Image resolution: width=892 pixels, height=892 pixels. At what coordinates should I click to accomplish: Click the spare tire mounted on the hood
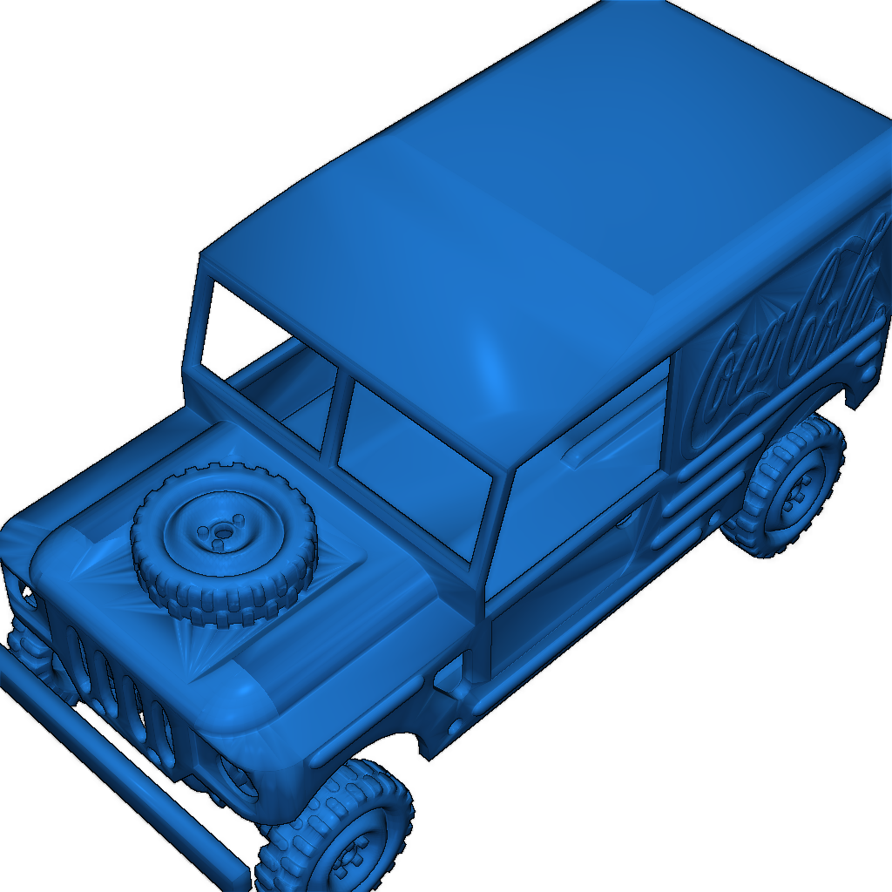pyautogui.click(x=223, y=544)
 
